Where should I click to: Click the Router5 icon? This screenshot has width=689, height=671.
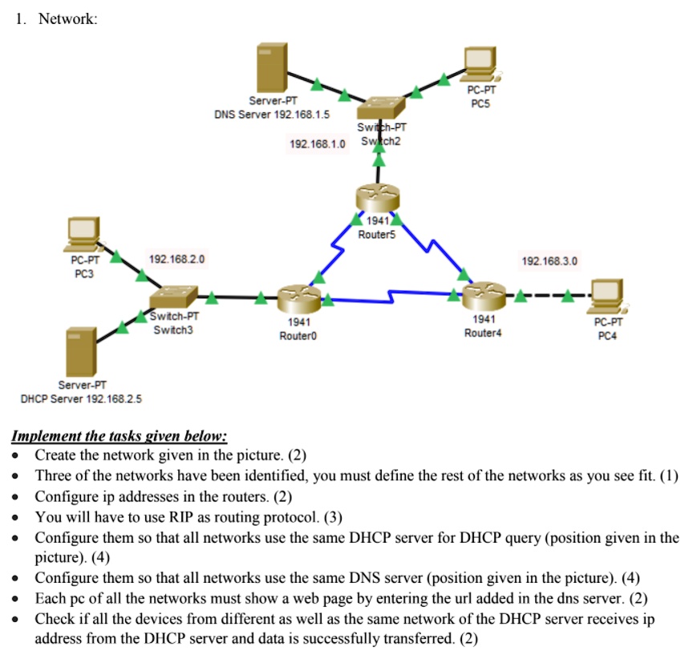tap(378, 197)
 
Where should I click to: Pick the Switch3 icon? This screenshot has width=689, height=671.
tap(173, 297)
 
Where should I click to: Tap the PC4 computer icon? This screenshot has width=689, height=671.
tap(607, 296)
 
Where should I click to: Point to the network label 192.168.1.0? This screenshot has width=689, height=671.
tap(318, 144)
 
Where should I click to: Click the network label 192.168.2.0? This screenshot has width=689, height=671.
tap(177, 260)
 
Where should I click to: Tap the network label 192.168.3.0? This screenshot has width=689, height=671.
tap(549, 261)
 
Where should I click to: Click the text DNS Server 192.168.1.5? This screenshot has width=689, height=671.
tap(272, 115)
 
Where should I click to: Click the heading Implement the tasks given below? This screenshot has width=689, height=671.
tap(119, 436)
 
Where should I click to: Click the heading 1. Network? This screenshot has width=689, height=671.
tap(56, 19)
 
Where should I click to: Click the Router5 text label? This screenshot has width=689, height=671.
tap(377, 233)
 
